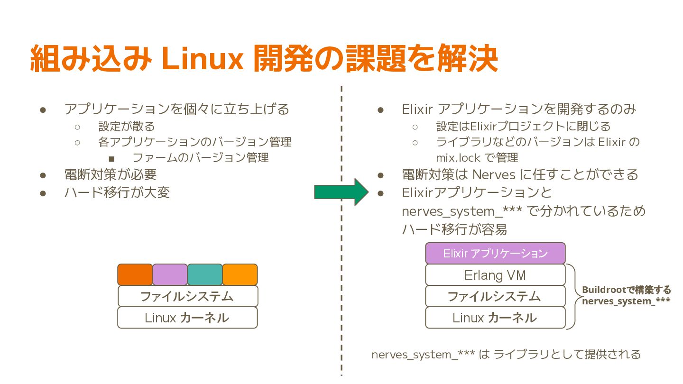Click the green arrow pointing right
(341, 192)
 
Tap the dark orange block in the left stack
(135, 274)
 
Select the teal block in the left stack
(205, 274)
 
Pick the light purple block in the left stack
(170, 274)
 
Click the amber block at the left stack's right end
(240, 274)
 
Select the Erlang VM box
(495, 275)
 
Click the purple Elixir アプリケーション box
(495, 253)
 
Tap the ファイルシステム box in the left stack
(187, 296)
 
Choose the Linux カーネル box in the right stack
(495, 318)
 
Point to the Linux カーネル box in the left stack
(187, 318)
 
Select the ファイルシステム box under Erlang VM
(495, 296)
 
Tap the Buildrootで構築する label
(626, 290)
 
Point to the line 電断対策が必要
(111, 174)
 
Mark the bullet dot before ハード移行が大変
(43, 193)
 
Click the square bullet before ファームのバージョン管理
(111, 158)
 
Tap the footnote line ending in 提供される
(506, 354)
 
